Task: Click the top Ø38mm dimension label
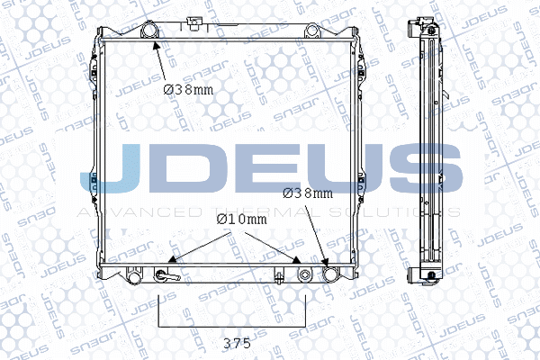pyautogui.click(x=189, y=88)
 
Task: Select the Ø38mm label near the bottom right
pyautogui.click(x=308, y=192)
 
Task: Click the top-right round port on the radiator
pyautogui.click(x=312, y=32)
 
